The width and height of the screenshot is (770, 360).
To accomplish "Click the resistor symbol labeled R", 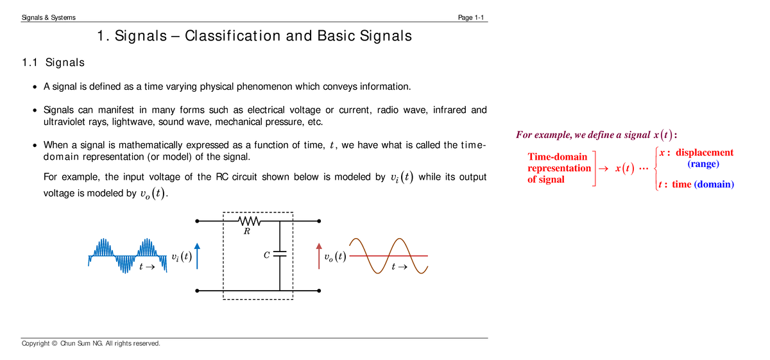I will pos(248,221).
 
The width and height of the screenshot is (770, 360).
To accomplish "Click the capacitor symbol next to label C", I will pos(280,255).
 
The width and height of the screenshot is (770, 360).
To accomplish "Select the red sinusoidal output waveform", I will pos(388,255).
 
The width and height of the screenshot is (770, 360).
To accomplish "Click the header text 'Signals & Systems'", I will pos(49,17).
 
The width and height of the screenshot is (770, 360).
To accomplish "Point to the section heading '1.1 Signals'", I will pos(53,63).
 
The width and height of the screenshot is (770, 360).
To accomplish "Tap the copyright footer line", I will pos(90,343).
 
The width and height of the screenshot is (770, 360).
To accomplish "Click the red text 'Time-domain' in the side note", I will pos(557,157).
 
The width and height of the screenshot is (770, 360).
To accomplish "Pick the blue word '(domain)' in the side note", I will pos(714,184).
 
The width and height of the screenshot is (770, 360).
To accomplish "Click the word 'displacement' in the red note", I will pos(705,153).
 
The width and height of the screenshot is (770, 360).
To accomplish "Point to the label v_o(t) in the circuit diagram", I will pos(334,257).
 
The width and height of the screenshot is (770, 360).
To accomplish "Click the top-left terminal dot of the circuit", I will pos(198,221).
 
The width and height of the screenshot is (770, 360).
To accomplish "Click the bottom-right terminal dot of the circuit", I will pos(318,291).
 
